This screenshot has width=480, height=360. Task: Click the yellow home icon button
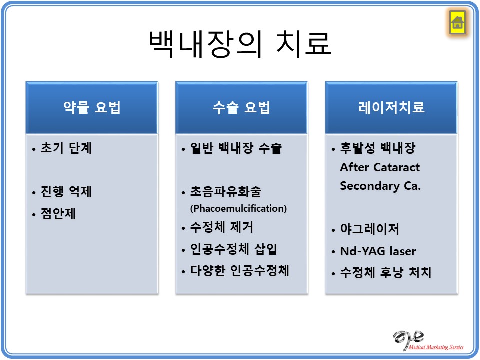click(x=457, y=22)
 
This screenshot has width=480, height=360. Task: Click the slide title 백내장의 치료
click(x=240, y=44)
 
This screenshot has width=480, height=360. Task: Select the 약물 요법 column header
click(x=92, y=108)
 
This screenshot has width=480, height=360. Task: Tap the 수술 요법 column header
click(x=242, y=108)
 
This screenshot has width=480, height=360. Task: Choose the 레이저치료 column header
click(x=391, y=108)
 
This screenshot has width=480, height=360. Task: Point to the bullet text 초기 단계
click(x=66, y=148)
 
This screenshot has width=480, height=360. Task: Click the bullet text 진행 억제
click(x=66, y=191)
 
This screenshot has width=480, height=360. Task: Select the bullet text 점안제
click(x=58, y=213)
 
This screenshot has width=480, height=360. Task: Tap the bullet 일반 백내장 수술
click(x=236, y=148)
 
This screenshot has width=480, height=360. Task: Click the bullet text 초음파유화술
click(x=226, y=191)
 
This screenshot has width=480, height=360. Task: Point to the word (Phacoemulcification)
click(x=239, y=209)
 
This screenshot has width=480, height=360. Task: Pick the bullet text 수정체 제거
click(x=222, y=227)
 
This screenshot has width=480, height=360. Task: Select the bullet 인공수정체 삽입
click(x=234, y=249)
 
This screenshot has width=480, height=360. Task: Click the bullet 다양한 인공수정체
click(x=240, y=271)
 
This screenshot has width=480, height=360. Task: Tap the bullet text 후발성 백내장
click(x=378, y=148)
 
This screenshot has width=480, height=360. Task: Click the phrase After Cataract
click(x=380, y=167)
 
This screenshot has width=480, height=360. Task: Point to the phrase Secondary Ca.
click(x=381, y=186)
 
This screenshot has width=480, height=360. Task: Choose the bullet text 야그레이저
click(x=370, y=229)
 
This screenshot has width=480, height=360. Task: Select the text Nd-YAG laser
click(x=378, y=251)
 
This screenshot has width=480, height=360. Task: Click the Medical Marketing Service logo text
click(x=436, y=347)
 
